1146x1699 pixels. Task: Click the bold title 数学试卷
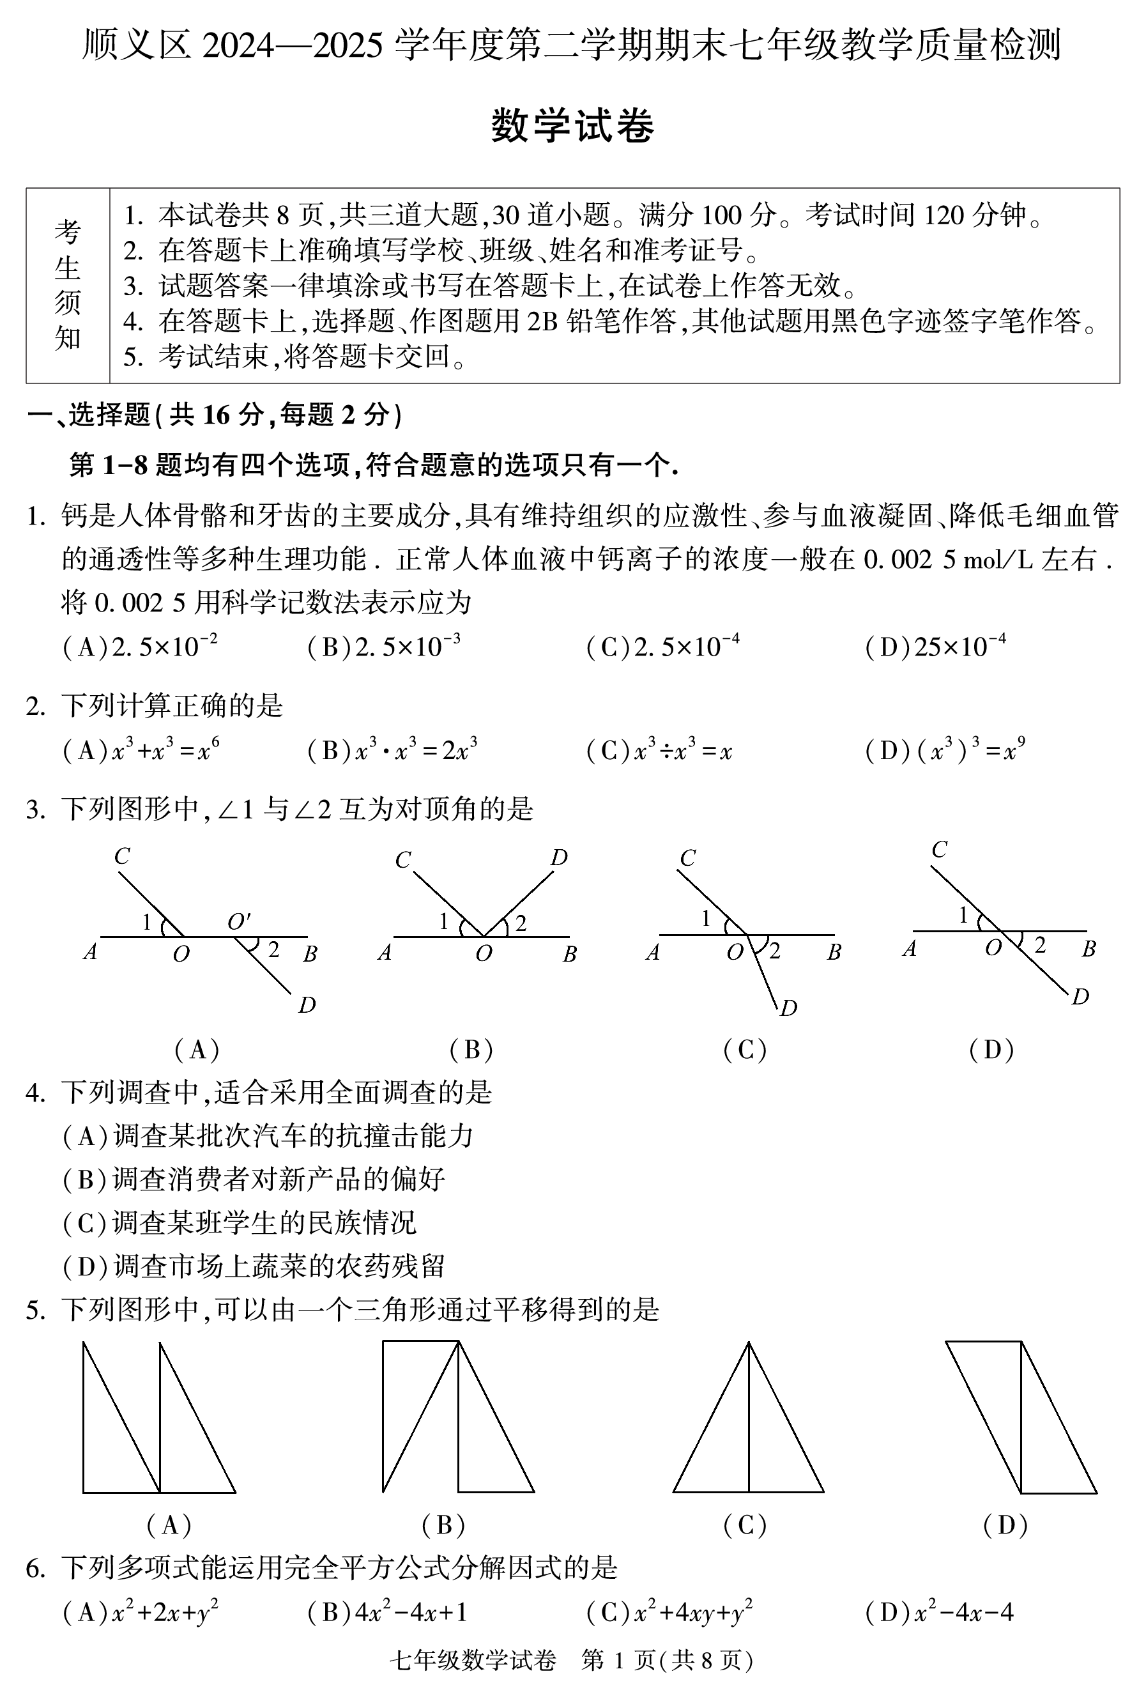click(x=572, y=126)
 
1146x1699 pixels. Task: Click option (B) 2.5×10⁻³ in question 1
click(x=384, y=646)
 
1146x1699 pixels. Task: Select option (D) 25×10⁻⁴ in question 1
click(x=935, y=646)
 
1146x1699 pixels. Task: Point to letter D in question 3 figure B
click(x=559, y=857)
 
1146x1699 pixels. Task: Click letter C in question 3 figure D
click(x=939, y=850)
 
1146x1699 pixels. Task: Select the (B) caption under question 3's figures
click(x=471, y=1050)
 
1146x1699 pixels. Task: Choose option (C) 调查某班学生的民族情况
click(x=239, y=1222)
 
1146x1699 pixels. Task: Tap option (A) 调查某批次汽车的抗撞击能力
click(x=268, y=1135)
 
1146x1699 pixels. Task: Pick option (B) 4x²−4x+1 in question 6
click(x=386, y=1612)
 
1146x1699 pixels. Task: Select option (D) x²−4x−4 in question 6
click(x=939, y=1612)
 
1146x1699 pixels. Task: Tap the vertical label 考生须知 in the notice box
click(x=67, y=285)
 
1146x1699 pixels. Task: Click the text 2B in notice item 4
click(x=542, y=321)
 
